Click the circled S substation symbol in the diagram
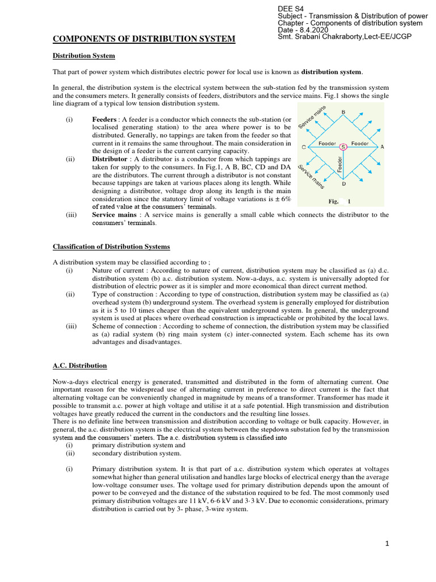(343, 147)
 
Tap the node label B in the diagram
(343, 112)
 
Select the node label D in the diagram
(343, 184)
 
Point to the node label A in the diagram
(382, 147)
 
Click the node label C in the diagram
(304, 147)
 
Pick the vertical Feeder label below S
(340, 165)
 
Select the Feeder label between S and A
(360, 143)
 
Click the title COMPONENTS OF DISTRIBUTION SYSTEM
(144, 39)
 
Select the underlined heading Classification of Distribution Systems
(111, 247)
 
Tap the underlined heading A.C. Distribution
(79, 365)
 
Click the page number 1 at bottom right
(387, 544)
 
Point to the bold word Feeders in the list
(106, 120)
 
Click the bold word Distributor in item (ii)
(110, 159)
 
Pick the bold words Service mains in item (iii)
(114, 215)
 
